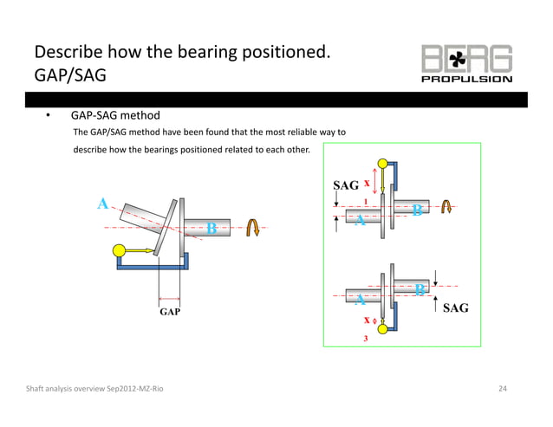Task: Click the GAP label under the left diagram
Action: coord(169,310)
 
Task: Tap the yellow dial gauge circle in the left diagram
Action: coord(120,252)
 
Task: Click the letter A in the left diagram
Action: coord(102,204)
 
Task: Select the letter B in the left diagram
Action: coord(211,229)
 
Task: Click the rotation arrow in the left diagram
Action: coord(254,227)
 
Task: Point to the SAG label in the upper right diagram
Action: coord(346,185)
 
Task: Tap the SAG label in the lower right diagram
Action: coord(456,307)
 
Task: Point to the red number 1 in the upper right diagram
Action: coord(365,200)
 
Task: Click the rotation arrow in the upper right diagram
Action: coord(446,206)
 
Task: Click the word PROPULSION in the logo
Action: coord(466,79)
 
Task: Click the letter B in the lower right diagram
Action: coord(420,289)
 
